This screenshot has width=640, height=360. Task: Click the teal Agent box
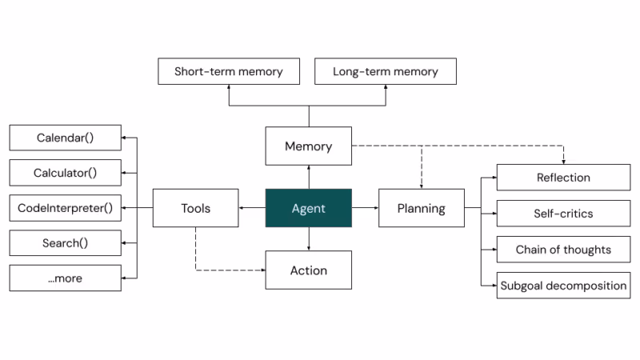[x=309, y=208]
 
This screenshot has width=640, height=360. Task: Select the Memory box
[x=309, y=146]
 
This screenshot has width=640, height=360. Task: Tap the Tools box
[x=195, y=208]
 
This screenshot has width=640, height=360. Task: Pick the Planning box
[x=422, y=208]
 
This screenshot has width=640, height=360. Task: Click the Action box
[x=309, y=270]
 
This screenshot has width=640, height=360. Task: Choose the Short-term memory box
[x=229, y=71]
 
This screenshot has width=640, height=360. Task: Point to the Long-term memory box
[x=386, y=71]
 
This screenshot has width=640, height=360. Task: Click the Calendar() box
[x=66, y=138]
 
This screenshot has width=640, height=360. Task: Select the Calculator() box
[x=66, y=173]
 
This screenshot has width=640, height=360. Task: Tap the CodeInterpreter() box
[x=66, y=208]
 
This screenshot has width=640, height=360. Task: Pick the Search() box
[x=66, y=243]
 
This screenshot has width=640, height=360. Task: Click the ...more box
[x=66, y=278]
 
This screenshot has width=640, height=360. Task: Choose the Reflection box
[x=564, y=177]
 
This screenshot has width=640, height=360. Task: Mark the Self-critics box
[x=564, y=213]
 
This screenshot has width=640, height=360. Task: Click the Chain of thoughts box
[x=564, y=249]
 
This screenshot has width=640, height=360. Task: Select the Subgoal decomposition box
[x=564, y=286]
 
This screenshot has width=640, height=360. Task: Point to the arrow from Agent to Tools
[x=252, y=208]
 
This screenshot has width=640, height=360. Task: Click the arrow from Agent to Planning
[x=366, y=208]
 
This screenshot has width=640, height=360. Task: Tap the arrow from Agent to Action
[x=309, y=239]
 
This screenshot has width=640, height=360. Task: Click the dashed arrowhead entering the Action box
[x=263, y=270]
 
